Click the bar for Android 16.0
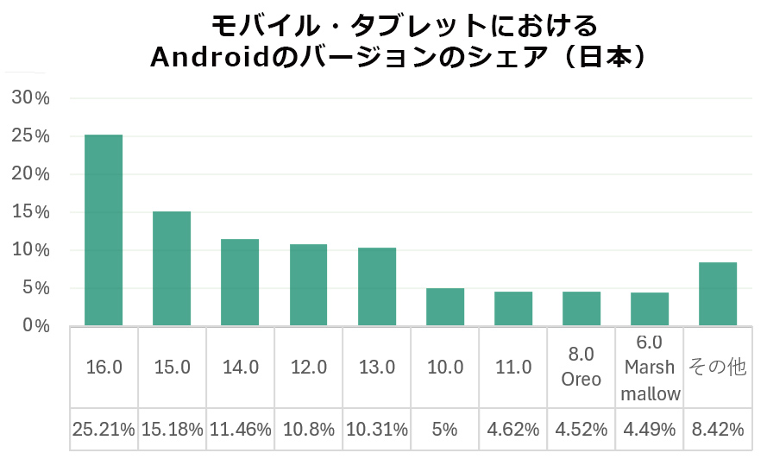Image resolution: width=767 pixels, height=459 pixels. point(104,230)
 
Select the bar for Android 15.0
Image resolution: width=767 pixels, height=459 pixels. point(172,268)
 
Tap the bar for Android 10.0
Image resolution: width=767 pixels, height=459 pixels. point(445,307)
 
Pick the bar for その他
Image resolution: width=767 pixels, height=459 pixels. point(718,294)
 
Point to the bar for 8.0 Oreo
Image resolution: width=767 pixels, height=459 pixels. point(582,309)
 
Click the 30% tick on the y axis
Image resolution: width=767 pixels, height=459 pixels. point(32,98)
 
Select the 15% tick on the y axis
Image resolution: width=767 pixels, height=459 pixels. point(32,212)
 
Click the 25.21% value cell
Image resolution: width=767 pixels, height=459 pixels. point(104,429)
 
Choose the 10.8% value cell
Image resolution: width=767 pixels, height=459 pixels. point(308,429)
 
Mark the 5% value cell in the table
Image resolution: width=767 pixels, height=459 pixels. point(445,429)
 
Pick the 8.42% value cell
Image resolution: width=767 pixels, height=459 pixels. point(718,429)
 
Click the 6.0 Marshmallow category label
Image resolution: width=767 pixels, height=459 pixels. point(650,368)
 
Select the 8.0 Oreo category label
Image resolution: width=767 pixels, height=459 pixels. point(582,367)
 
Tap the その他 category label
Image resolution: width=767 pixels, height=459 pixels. point(718,367)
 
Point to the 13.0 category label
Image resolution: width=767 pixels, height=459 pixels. point(376,367)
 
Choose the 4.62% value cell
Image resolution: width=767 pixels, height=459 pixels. point(513,429)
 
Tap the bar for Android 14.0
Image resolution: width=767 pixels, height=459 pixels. point(240,282)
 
